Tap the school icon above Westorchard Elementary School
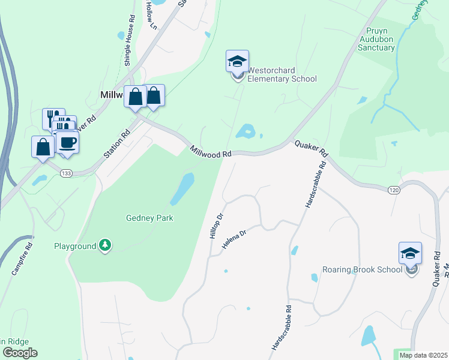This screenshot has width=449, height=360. pos(237,62)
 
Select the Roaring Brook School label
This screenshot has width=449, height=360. pos(362,269)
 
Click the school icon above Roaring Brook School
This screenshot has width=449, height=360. pos(410,253)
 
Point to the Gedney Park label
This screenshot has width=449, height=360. pos(149,218)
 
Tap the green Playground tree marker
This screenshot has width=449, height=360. pos(106,245)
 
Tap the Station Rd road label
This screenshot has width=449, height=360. pos(116,145)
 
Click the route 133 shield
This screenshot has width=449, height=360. pos(67,173)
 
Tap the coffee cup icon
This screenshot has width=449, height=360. pos(67,143)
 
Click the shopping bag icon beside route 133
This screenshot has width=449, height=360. pos(43,147)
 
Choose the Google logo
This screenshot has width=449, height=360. pos(19,353)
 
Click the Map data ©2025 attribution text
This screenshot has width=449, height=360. pos(423,355)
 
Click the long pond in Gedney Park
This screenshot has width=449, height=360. pos(182,188)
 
